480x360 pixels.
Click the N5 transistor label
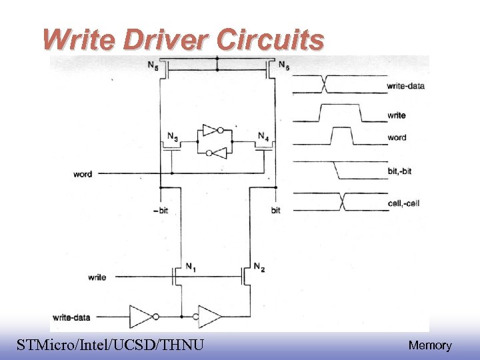click(153, 65)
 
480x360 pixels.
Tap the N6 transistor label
click(284, 65)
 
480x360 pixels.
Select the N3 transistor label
click(172, 137)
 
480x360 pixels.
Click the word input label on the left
click(83, 175)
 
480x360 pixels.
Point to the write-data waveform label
click(405, 86)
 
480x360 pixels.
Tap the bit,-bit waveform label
click(399, 171)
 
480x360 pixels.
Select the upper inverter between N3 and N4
click(212, 130)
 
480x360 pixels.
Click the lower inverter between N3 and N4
click(216, 153)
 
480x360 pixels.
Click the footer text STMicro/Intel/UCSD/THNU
click(110, 345)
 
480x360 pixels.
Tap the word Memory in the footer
click(430, 345)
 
